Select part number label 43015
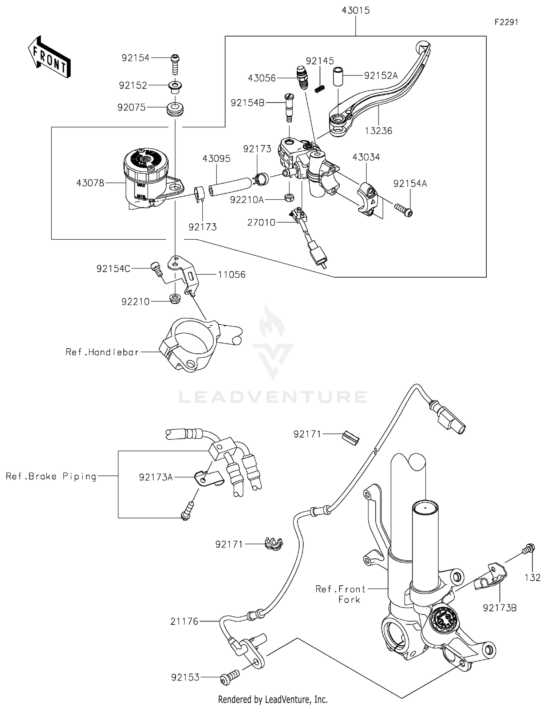[x=355, y=11]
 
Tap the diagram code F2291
[x=506, y=23]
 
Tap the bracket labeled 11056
[x=184, y=274]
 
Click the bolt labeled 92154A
[x=403, y=210]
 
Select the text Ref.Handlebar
[x=102, y=352]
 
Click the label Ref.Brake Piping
[x=51, y=476]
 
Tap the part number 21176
[x=184, y=621]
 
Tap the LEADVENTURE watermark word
[x=273, y=397]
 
